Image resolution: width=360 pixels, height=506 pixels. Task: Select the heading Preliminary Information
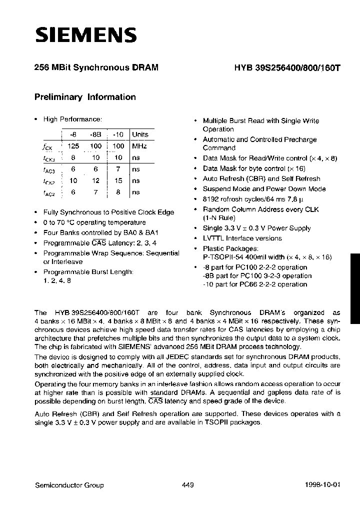85,97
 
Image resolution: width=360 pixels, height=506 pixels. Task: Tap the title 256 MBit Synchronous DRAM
96,69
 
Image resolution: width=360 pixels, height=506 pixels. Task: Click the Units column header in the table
140,134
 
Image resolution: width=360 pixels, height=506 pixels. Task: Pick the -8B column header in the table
95,134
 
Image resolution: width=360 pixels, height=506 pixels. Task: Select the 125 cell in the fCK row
73,146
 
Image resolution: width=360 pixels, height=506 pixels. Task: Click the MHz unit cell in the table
139,146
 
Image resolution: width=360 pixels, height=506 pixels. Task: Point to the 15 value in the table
118,180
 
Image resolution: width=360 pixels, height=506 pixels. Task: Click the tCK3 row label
48,158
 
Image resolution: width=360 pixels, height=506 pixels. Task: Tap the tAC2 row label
48,192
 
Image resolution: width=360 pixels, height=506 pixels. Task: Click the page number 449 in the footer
183,485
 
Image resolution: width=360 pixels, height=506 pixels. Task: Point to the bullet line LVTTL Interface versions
242,238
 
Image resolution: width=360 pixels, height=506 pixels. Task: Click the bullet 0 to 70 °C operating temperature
94,222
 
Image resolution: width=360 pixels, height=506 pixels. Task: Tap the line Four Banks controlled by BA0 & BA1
100,232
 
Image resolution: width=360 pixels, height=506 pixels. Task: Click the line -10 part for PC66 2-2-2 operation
254,284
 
